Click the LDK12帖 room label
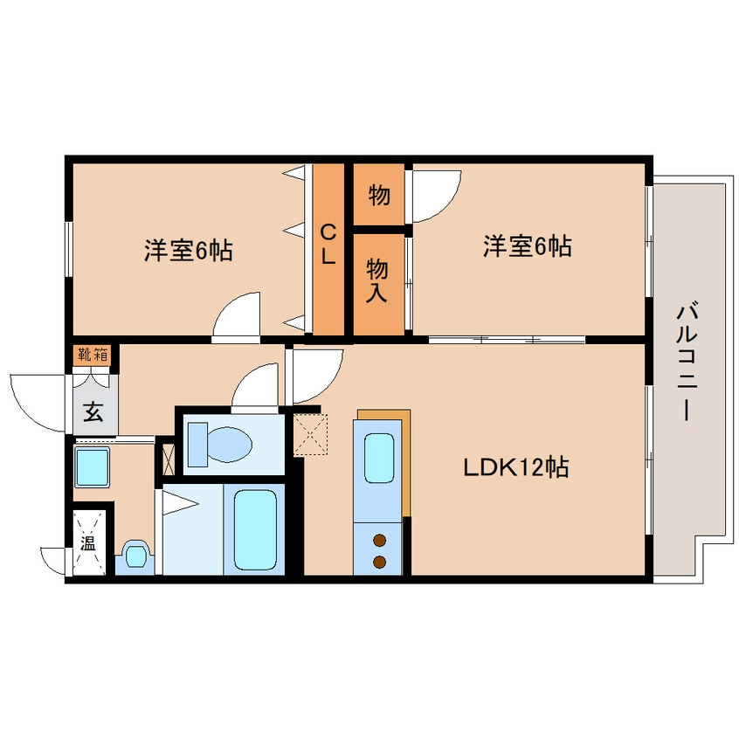(x=515, y=467)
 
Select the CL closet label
(x=328, y=246)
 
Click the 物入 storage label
(x=378, y=280)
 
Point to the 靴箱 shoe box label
(x=93, y=355)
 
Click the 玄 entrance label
(x=93, y=411)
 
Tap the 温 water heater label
(x=88, y=542)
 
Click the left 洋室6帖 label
(x=188, y=252)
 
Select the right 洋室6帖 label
(x=527, y=247)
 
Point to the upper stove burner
(x=380, y=540)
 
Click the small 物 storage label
(x=378, y=194)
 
